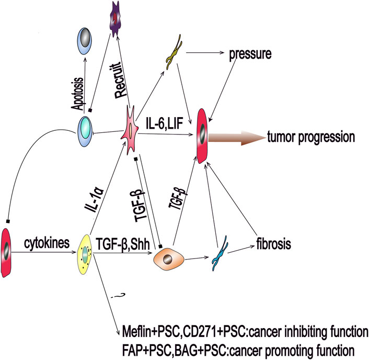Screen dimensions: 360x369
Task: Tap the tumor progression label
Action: click(x=312, y=138)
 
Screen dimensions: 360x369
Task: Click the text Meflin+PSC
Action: click(x=147, y=333)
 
